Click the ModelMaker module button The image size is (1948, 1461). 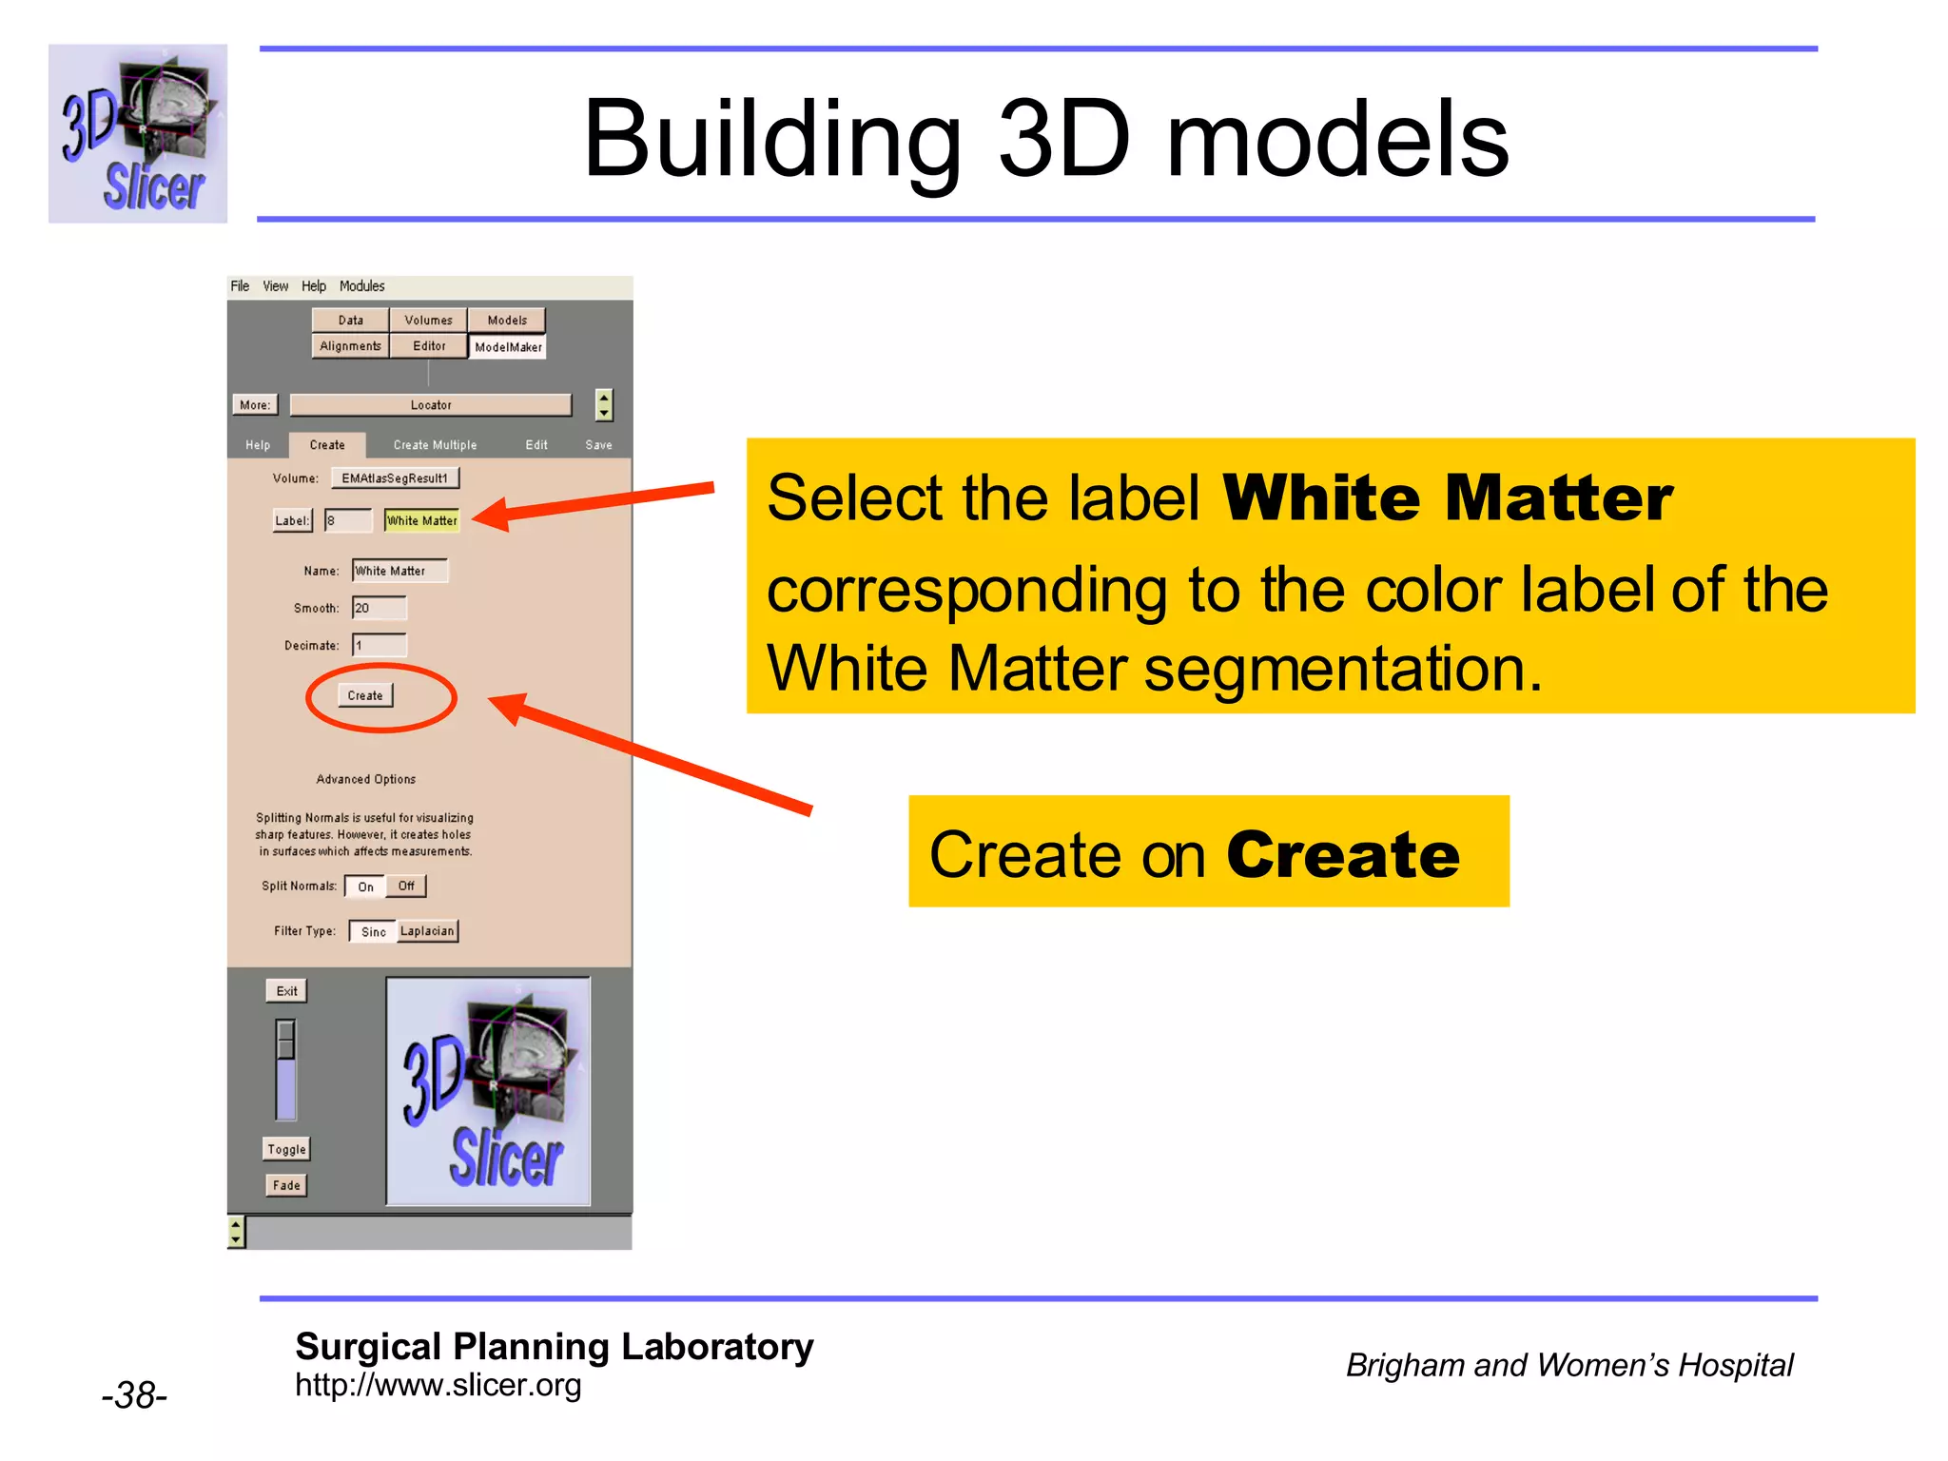click(x=508, y=347)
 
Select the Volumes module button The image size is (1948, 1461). click(x=428, y=321)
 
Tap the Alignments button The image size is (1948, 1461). click(x=350, y=346)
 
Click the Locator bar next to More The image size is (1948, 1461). click(x=431, y=405)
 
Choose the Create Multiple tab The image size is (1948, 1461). click(x=435, y=445)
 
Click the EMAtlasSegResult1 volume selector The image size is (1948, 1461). click(x=395, y=478)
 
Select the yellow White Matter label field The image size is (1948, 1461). click(x=422, y=520)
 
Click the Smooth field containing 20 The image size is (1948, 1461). click(x=380, y=608)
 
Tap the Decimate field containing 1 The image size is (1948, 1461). click(x=380, y=646)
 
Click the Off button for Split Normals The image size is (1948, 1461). click(x=406, y=886)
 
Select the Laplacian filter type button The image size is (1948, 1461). click(x=427, y=931)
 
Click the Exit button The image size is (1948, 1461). click(x=286, y=991)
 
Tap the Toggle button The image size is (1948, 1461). click(x=286, y=1149)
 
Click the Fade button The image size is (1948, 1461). click(x=286, y=1185)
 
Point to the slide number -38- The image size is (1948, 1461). click(x=134, y=1395)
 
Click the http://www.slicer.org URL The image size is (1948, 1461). click(x=438, y=1385)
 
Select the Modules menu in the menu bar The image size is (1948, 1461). click(x=361, y=286)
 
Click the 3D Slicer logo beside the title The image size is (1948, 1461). click(x=138, y=134)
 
